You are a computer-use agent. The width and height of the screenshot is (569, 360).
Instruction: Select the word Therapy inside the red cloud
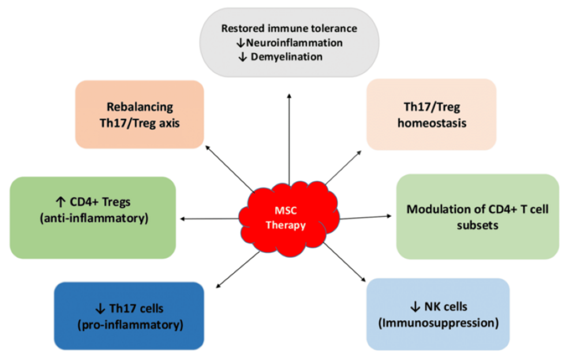point(285,226)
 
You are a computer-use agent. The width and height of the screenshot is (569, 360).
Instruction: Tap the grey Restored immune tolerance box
point(289,42)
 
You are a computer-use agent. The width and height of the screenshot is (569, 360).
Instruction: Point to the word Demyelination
point(287,57)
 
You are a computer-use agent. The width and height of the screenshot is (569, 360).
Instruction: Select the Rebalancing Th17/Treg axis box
point(139,114)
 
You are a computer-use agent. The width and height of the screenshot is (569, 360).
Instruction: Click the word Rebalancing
point(139,107)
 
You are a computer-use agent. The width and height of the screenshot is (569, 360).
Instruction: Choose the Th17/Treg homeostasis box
point(431,114)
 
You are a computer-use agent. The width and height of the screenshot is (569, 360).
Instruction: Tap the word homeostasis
point(431,123)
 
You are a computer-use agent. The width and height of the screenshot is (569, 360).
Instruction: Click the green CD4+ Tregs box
point(92,217)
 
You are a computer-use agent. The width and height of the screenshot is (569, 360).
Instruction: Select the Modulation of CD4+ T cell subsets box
point(477,216)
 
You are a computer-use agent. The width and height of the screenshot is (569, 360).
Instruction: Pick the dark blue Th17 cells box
point(129,316)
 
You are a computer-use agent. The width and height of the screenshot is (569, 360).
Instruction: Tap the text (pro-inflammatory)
point(129,325)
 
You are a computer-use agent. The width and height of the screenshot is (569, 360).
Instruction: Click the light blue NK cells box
point(438,313)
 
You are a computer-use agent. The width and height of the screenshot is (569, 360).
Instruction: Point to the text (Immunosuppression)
point(438,322)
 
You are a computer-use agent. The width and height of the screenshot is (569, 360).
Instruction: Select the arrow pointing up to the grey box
point(289,138)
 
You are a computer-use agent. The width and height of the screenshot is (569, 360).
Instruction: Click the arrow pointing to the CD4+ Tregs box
point(211,218)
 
